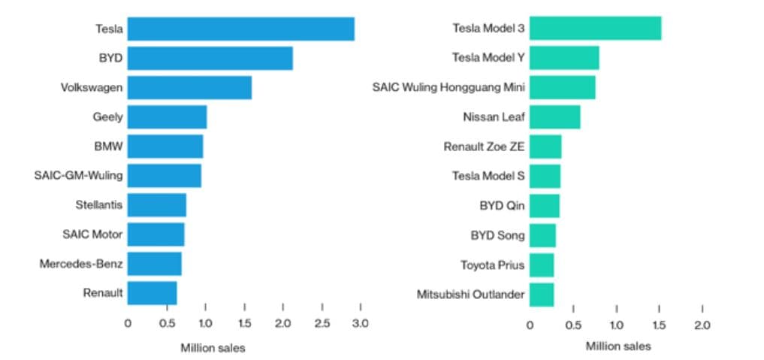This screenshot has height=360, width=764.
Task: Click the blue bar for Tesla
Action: pos(240,29)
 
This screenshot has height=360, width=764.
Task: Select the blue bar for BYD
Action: pos(210,58)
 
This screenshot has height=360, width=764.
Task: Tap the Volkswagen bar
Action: pos(189,87)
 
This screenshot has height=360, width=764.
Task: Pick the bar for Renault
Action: pos(152,292)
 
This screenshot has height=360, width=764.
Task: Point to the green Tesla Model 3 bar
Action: pos(595,29)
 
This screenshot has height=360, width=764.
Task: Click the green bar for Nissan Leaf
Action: pos(554,116)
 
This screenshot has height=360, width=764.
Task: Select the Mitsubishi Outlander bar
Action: pos(542,294)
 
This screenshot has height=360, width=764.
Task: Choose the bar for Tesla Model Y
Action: pos(564,58)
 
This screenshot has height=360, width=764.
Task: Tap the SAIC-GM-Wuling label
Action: pos(78,176)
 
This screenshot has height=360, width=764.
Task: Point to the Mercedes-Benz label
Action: pos(81,264)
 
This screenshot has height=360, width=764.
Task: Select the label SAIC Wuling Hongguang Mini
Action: pos(448,88)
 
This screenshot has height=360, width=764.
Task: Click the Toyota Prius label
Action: pos(492,265)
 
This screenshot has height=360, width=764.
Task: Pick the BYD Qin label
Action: pos(502,205)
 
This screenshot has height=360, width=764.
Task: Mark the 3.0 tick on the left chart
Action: pos(361,324)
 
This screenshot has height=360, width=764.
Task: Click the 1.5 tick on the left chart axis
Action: pos(244,324)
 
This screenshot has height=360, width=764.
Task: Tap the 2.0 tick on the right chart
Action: pos(702,325)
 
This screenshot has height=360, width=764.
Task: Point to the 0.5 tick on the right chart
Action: pos(572,325)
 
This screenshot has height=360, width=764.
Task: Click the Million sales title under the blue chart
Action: pos(213,347)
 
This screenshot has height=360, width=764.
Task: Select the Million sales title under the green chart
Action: pos(618,346)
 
